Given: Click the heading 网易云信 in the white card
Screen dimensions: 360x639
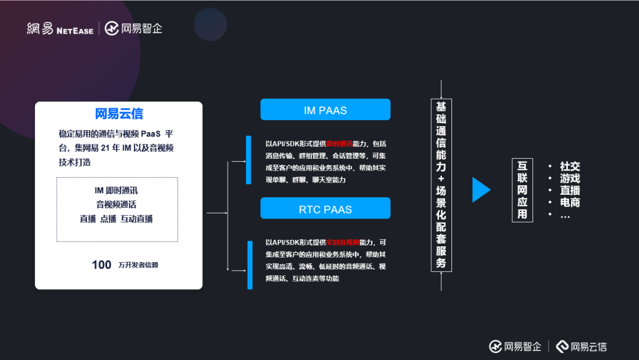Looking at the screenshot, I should (119, 114).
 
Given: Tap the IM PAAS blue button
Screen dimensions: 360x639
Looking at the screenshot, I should (325, 110).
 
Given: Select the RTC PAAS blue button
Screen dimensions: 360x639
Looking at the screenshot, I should (325, 209).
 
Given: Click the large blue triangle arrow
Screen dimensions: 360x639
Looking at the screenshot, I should (480, 190).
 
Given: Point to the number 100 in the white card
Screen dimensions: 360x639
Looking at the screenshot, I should (102, 265).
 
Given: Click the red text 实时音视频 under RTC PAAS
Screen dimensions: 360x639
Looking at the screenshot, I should (343, 242).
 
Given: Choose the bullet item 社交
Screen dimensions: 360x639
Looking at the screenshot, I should (570, 167).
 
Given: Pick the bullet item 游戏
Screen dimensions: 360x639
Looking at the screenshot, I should (570, 179).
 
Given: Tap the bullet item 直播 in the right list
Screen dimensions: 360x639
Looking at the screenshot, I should (570, 191).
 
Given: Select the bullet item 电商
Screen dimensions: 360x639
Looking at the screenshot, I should (570, 202).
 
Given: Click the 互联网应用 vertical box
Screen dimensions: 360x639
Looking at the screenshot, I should (522, 190).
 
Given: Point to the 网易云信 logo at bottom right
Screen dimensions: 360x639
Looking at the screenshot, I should (581, 347).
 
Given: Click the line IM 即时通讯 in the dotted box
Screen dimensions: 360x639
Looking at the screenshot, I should (117, 191).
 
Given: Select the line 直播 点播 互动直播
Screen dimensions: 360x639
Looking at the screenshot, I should (117, 218).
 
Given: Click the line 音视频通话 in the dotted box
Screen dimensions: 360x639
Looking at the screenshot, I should (117, 204).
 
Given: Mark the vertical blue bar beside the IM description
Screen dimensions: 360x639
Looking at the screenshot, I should (249, 160).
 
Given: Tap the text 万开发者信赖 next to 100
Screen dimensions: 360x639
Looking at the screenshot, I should (138, 265).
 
